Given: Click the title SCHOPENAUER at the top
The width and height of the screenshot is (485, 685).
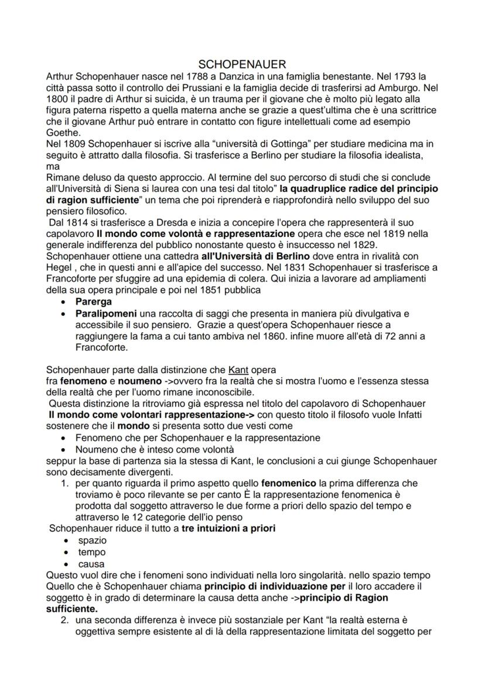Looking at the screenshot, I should [x=241, y=63].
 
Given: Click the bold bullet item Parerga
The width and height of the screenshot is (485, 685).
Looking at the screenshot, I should [x=93, y=302].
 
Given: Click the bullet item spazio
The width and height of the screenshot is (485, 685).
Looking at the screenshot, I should [x=92, y=540].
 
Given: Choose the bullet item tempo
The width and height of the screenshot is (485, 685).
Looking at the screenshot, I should [x=91, y=552].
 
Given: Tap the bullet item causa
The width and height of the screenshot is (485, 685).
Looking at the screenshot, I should [x=91, y=563].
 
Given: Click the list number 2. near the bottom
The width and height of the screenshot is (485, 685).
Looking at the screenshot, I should [x=66, y=620].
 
